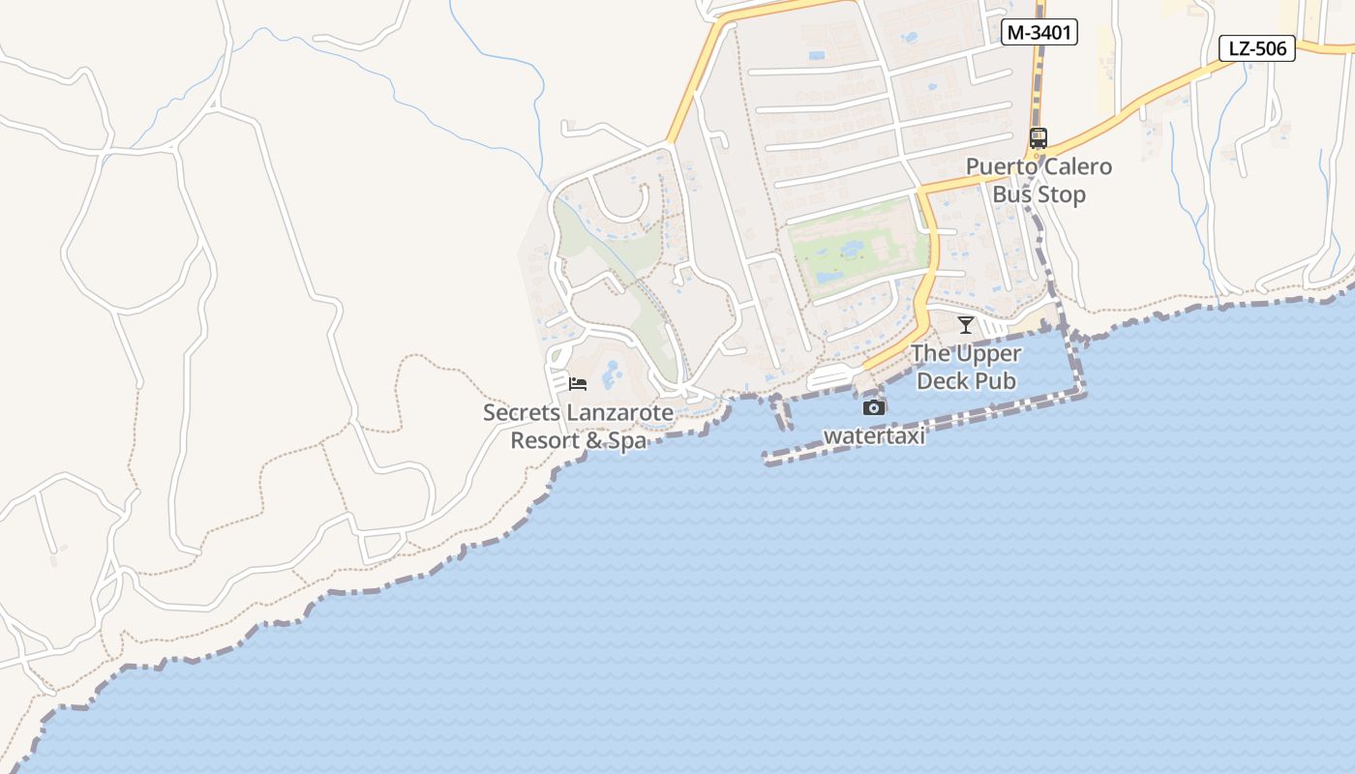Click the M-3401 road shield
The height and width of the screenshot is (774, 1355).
tap(1039, 32)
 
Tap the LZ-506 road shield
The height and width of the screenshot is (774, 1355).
tap(1256, 47)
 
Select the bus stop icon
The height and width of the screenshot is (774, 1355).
tap(1039, 138)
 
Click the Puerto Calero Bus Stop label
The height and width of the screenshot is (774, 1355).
tap(1039, 180)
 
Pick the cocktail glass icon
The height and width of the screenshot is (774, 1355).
tap(965, 324)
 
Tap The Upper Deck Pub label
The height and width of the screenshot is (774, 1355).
tap(966, 367)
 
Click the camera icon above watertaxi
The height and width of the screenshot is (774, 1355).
tap(874, 407)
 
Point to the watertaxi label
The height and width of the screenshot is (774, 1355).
tap(874, 436)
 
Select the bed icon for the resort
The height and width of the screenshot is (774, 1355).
tap(578, 384)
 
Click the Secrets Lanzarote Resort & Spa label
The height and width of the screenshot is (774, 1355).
tap(578, 427)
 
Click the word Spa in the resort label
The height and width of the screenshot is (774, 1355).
tap(627, 441)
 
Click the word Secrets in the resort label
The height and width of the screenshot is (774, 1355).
tap(521, 413)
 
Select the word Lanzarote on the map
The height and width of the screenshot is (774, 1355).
tap(618, 413)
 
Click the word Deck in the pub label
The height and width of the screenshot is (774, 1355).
tap(943, 381)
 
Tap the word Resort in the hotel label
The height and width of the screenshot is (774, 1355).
tap(545, 441)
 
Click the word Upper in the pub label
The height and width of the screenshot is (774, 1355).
tap(988, 353)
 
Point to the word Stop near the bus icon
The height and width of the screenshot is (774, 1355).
tap(1063, 194)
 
